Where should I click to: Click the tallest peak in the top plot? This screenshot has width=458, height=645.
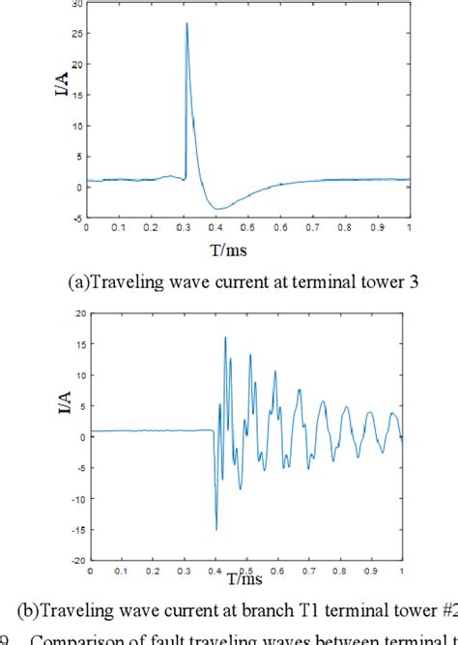pos(186,23)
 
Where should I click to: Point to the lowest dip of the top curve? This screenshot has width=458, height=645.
pos(219,209)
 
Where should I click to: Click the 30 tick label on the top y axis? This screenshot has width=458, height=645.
pos(77,5)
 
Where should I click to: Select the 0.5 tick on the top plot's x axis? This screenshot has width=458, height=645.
pos(248,228)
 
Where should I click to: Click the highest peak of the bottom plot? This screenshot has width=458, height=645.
pos(225,337)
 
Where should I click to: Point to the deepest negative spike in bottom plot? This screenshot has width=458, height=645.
pos(216,528)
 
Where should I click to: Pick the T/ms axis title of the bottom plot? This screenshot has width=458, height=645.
pos(247,580)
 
